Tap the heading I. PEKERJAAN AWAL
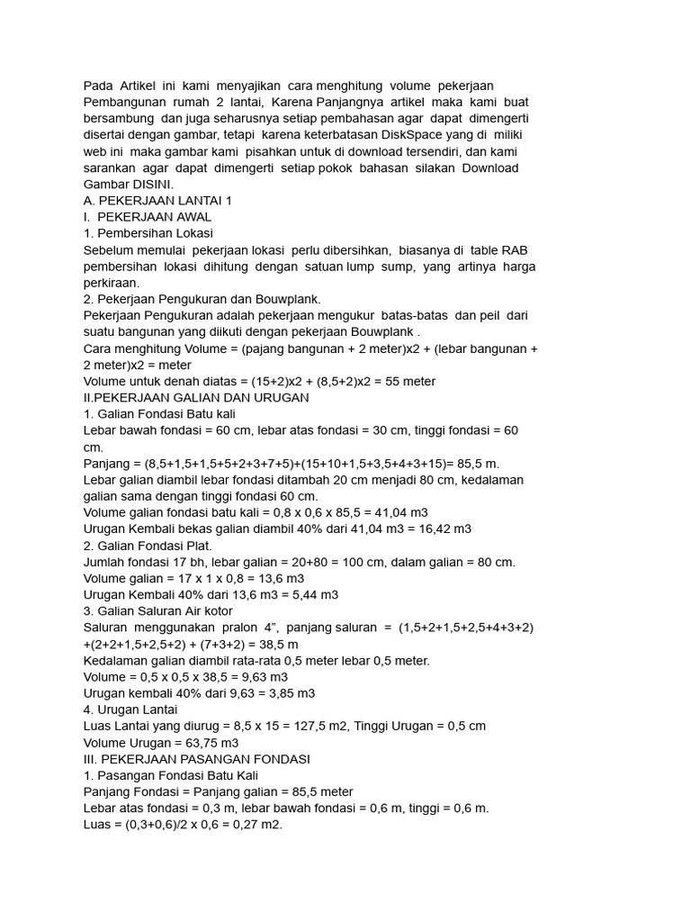click(x=147, y=216)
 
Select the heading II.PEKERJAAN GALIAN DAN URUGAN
click(x=196, y=397)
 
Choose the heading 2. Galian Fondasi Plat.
click(x=148, y=545)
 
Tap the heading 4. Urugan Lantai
click(x=130, y=710)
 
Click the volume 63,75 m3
click(x=209, y=743)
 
